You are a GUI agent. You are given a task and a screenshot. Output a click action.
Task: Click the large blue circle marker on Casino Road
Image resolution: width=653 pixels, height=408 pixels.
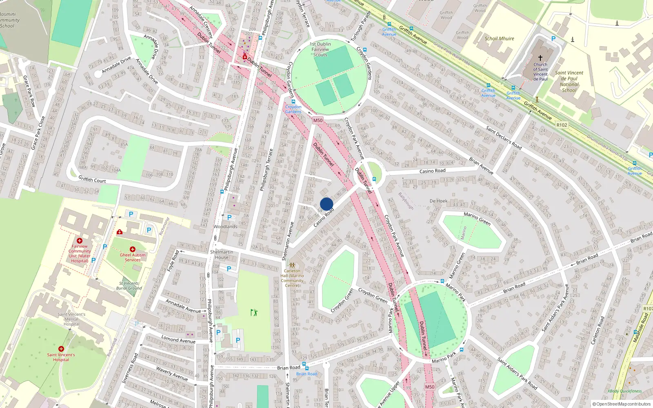click(326, 204)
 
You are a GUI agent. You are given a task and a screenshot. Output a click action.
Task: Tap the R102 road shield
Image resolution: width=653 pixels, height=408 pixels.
click(562, 125)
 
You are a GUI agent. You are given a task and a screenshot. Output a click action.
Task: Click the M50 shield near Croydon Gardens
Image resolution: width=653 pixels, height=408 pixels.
click(318, 120)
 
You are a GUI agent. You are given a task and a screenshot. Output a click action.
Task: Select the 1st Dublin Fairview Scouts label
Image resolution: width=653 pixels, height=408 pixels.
click(320, 49)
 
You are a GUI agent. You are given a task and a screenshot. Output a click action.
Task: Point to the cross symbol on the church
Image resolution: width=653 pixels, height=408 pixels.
click(540, 58)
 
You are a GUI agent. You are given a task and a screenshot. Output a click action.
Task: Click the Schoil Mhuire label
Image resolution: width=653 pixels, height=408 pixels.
click(499, 38)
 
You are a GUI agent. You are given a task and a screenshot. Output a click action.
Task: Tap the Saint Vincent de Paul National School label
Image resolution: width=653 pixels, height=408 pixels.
click(569, 82)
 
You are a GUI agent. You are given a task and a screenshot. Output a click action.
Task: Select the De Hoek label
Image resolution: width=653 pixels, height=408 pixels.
click(438, 201)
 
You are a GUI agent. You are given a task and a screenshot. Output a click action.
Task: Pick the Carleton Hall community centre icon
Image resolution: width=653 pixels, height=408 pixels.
click(292, 265)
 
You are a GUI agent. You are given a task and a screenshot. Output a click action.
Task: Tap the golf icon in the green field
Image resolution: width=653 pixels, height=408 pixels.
click(254, 313)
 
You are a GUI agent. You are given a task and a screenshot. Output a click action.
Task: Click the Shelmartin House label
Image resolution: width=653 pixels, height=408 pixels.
click(222, 255)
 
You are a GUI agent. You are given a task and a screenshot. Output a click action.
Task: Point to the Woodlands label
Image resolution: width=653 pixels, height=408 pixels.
click(225, 226)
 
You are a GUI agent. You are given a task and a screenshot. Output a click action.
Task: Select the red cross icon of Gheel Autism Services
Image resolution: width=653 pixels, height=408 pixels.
click(133, 249)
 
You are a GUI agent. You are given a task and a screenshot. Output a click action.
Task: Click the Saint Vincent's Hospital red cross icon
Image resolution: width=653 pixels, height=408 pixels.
click(61, 349)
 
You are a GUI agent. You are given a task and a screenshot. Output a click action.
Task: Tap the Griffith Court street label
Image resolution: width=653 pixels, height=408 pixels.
click(92, 179)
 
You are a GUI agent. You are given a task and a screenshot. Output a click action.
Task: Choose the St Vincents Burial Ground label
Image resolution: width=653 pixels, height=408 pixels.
click(129, 286)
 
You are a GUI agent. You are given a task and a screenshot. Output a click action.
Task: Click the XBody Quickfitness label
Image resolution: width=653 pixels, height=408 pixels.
click(624, 391)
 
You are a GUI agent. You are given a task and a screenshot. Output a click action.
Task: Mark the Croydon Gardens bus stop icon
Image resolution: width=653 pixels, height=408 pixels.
click(293, 102)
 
